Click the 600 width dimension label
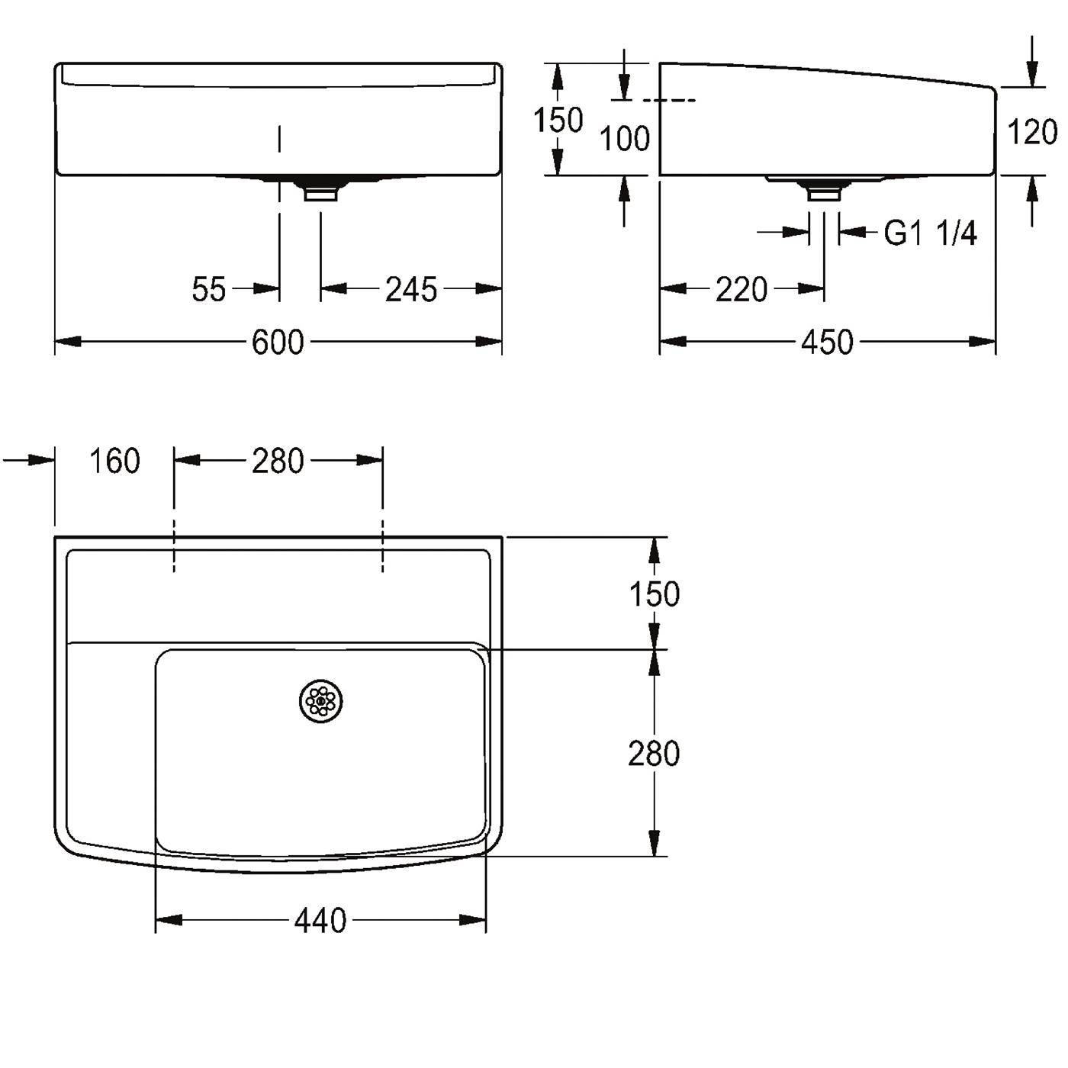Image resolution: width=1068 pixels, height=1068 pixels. [x=278, y=342]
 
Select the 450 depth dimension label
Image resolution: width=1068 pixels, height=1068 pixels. [x=827, y=342]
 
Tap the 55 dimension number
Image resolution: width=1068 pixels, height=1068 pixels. [x=209, y=289]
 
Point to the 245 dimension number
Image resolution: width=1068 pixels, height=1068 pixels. [x=411, y=289]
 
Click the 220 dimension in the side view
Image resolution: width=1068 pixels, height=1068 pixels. [x=741, y=289]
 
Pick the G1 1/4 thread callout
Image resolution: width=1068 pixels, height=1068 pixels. [x=930, y=233]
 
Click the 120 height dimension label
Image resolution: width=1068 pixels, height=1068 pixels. [x=1032, y=133]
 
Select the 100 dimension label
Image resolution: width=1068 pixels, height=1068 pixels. [x=625, y=139]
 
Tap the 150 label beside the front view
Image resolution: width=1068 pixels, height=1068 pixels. [x=558, y=121]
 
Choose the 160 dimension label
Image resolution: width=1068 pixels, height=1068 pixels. [x=114, y=461]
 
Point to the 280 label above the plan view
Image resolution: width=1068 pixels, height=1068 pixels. [x=278, y=461]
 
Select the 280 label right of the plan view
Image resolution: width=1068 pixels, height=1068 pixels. [x=654, y=754]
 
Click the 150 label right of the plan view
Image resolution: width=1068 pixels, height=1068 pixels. [x=654, y=594]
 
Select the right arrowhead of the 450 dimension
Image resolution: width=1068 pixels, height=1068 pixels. [x=982, y=342]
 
